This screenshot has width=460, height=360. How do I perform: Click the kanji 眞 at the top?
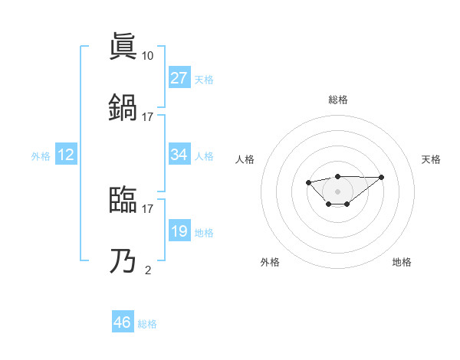(124, 47)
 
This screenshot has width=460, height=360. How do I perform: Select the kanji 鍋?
(124, 107)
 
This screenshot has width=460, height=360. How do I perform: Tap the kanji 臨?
(124, 199)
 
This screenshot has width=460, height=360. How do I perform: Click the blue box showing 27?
(179, 78)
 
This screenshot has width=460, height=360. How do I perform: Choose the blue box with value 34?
(179, 155)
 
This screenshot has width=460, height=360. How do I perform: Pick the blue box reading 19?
(179, 231)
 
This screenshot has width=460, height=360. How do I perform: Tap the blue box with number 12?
(66, 155)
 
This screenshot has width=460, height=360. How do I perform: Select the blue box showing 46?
(123, 322)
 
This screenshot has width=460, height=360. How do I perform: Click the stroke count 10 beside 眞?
(147, 56)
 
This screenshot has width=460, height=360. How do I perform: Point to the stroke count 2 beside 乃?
(147, 270)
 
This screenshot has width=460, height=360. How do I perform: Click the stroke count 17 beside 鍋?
(147, 116)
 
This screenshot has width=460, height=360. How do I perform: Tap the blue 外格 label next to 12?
(40, 155)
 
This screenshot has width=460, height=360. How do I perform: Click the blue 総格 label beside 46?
(147, 324)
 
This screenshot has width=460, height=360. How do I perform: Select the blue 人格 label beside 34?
(204, 155)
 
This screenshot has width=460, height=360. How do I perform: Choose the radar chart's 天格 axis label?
(431, 159)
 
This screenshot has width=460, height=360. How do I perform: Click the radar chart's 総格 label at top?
(338, 100)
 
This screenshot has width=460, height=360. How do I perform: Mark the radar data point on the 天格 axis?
(382, 177)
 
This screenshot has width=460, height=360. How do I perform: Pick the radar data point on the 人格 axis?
(308, 182)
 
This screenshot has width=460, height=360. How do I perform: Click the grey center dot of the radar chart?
(338, 191)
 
